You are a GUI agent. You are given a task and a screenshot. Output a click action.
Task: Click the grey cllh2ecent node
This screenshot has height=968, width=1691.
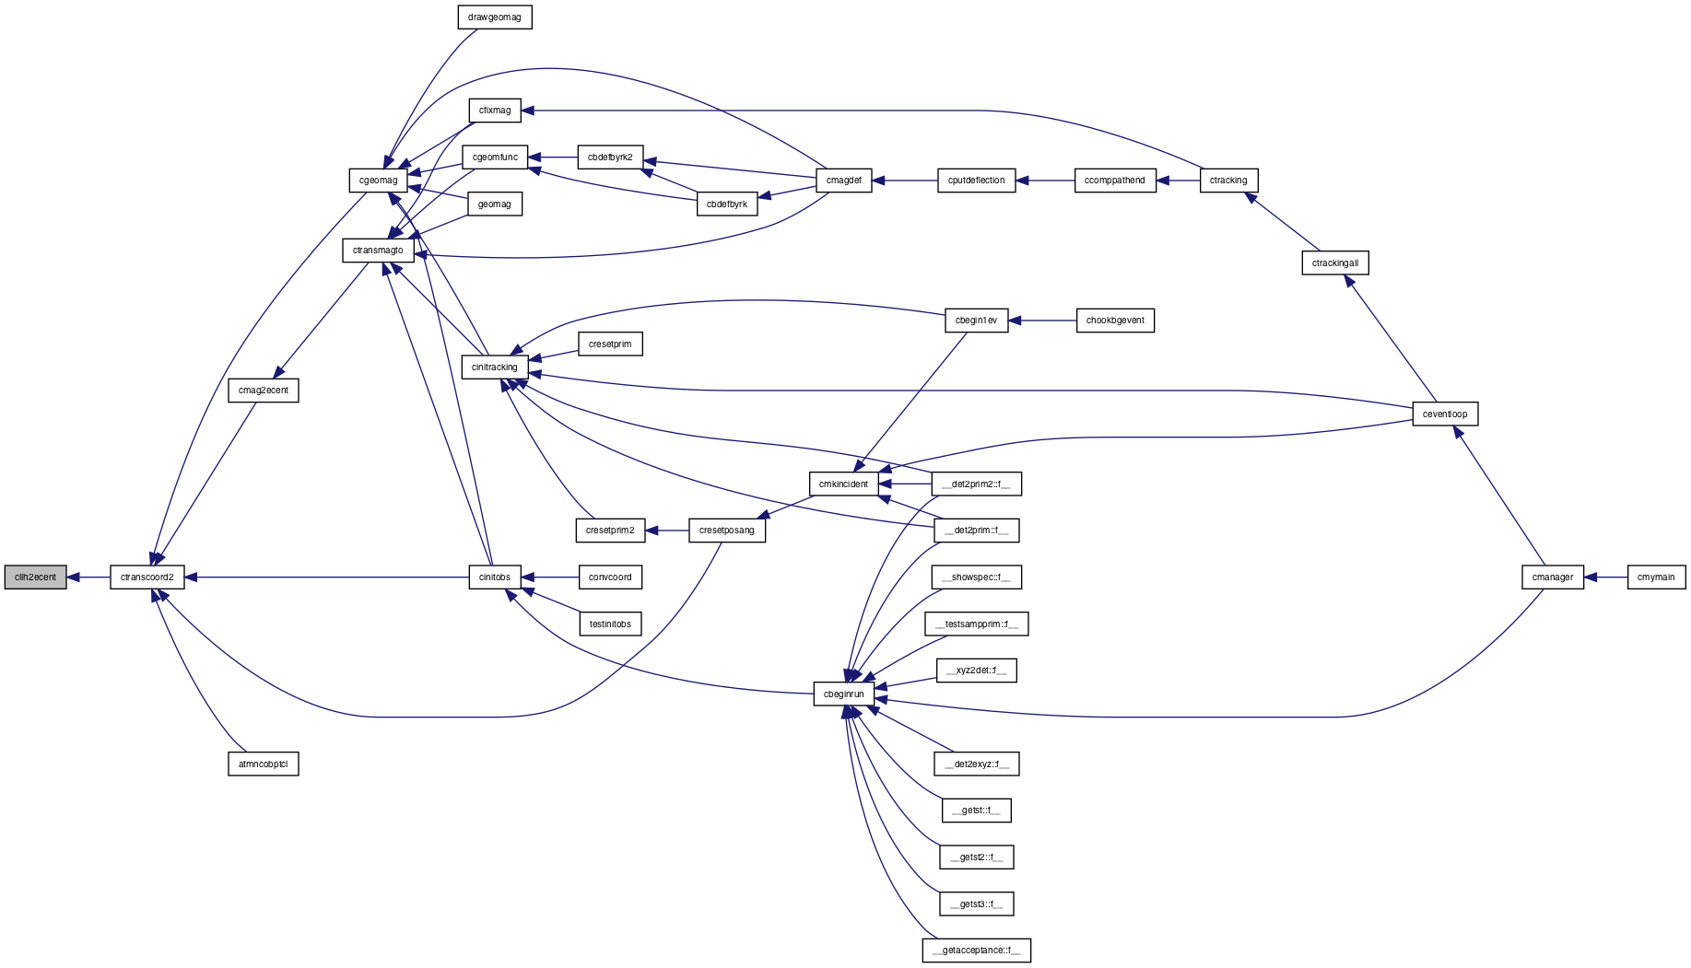[x=36, y=577]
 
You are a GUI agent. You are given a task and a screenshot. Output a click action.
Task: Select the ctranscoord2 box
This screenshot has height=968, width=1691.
[x=147, y=577]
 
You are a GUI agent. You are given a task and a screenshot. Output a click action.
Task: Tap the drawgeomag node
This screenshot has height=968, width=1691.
[x=495, y=17]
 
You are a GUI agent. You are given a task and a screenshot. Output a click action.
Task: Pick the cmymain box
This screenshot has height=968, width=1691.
[x=1656, y=577]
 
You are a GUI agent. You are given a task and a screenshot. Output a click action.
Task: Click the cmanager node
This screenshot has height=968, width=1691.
[x=1553, y=577]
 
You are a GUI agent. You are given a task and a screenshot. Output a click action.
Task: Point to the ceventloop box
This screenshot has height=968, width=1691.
[x=1445, y=414]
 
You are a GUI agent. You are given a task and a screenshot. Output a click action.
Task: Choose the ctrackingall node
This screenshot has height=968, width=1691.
[x=1335, y=263]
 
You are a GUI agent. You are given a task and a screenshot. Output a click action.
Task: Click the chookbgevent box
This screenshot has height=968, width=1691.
[x=1115, y=321]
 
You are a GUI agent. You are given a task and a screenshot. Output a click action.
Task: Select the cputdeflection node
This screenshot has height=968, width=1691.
[x=977, y=181]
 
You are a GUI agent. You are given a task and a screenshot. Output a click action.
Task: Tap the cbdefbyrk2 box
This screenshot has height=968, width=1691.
[x=610, y=157]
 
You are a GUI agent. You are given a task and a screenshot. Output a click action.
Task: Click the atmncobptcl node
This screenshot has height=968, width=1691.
[x=264, y=764]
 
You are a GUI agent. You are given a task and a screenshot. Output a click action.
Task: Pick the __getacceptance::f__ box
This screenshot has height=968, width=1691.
[x=977, y=951]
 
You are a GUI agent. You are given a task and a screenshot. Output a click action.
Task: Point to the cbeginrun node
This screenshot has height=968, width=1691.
[x=844, y=694]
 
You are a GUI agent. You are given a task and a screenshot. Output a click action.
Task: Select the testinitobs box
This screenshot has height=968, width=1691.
[x=610, y=624]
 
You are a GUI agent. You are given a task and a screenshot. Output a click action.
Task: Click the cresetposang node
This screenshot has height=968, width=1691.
[x=727, y=531]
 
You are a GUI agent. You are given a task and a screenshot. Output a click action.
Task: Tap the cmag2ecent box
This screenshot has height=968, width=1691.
[x=264, y=391]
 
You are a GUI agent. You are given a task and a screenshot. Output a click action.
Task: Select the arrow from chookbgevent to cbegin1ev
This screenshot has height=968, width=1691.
[x=1042, y=321]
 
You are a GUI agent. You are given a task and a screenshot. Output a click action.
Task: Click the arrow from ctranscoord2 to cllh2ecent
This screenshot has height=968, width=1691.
[x=88, y=577]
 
